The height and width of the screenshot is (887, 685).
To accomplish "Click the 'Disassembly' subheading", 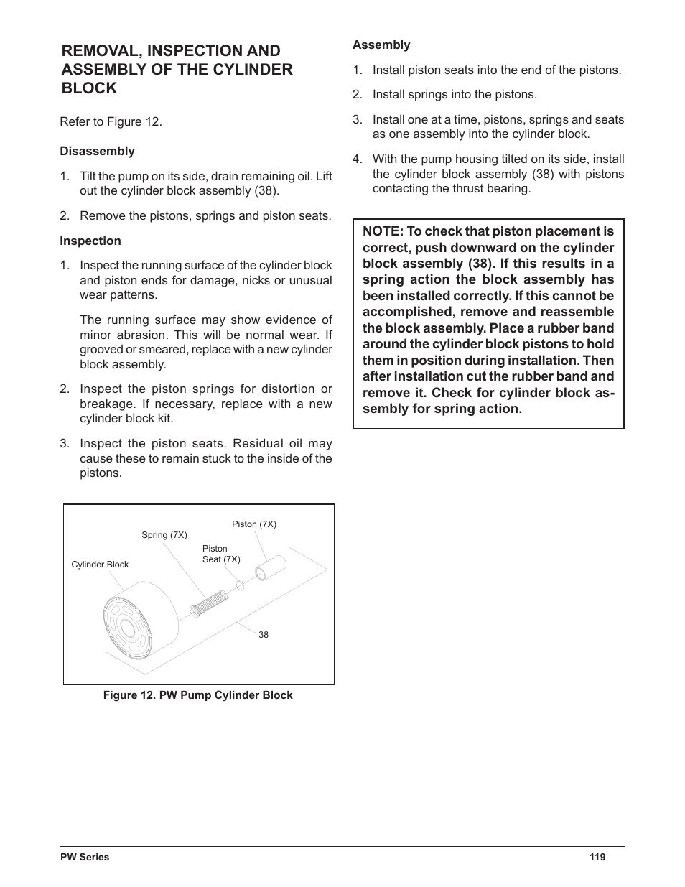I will pyautogui.click(x=97, y=151).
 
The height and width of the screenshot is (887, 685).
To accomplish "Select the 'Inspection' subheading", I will pyautogui.click(x=90, y=241).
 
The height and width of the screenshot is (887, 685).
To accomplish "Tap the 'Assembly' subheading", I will pyautogui.click(x=381, y=45).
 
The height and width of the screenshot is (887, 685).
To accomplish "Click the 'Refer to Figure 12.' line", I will pyautogui.click(x=111, y=121).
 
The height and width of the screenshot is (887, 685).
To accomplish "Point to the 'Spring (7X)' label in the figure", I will pyautogui.click(x=164, y=535).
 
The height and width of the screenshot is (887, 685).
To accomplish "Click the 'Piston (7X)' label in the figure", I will pyautogui.click(x=254, y=524).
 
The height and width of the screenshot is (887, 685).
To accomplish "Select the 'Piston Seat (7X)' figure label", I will pyautogui.click(x=221, y=554).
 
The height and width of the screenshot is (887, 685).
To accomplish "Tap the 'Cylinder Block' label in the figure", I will pyautogui.click(x=100, y=565).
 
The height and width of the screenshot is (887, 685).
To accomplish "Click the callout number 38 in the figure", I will pyautogui.click(x=264, y=635).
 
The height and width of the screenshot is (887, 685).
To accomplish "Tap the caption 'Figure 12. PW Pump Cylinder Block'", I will pyautogui.click(x=198, y=695).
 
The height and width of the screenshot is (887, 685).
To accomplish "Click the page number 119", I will pyautogui.click(x=597, y=857).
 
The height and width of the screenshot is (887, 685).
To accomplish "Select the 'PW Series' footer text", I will pyautogui.click(x=85, y=857).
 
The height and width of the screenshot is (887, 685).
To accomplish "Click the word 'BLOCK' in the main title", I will pyautogui.click(x=89, y=88).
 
